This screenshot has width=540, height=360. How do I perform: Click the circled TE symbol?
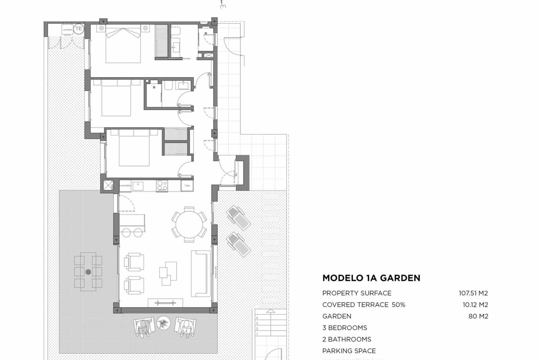(79, 29)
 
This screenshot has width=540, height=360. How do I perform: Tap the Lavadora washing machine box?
(67, 30)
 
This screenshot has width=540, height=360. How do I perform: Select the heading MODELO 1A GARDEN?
(371, 278)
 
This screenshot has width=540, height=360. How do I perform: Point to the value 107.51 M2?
(473, 293)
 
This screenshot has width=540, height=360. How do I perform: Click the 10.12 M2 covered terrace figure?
(475, 305)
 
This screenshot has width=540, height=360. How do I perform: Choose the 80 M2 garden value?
(478, 316)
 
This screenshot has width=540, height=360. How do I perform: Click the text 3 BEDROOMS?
(345, 328)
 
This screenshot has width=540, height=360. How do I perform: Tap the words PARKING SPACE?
(349, 351)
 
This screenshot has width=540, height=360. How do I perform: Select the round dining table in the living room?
(189, 224)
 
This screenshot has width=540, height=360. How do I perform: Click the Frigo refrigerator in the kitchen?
(187, 186)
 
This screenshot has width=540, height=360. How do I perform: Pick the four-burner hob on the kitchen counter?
(162, 186)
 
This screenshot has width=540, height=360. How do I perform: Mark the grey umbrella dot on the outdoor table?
(88, 272)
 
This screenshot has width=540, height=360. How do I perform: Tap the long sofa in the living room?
(201, 274)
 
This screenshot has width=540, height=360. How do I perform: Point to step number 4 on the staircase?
(257, 318)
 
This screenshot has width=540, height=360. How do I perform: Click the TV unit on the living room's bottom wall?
(165, 303)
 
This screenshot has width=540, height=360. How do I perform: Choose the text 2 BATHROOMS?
(346, 339)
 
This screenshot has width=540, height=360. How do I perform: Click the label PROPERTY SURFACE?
(357, 293)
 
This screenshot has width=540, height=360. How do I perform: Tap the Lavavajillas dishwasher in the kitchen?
(125, 186)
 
